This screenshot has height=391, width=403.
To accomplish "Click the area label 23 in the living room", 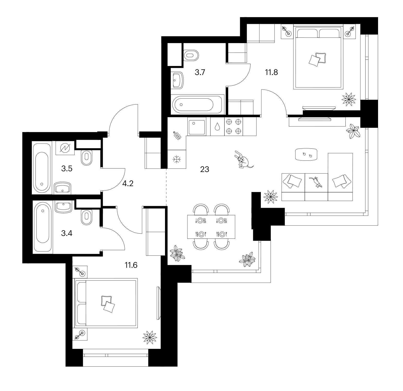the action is click(205, 169).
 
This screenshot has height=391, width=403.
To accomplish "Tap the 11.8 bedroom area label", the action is click(272, 72).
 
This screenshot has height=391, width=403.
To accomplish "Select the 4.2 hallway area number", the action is click(128, 184).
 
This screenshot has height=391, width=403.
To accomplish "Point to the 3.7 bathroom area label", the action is click(200, 72).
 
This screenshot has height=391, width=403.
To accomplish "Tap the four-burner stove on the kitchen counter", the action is click(233, 126).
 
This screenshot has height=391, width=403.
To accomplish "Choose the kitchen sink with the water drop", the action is click(217, 126).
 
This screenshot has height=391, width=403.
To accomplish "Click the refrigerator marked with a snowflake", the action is click(177, 159).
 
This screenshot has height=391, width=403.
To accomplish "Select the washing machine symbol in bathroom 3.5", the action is click(65, 148).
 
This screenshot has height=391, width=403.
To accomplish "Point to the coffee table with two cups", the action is click(306, 154).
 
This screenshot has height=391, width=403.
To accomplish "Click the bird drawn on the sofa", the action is click(316, 182).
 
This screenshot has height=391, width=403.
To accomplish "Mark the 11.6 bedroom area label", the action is click(131, 265).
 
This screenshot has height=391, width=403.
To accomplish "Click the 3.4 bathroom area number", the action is click(67, 233).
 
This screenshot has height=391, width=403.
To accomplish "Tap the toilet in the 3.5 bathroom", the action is click(87, 158).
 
